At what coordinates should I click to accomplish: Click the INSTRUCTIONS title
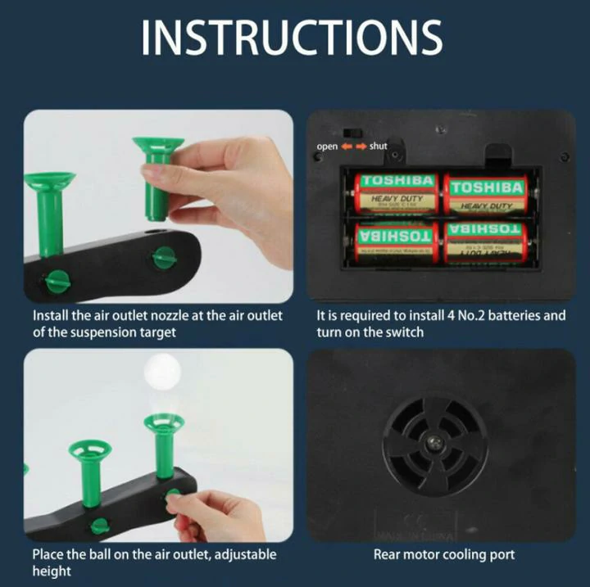[x=293, y=37]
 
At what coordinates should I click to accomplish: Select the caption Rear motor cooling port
[x=444, y=555]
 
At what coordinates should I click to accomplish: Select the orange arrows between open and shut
[x=352, y=146]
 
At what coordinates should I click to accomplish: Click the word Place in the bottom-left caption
[x=48, y=554]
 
